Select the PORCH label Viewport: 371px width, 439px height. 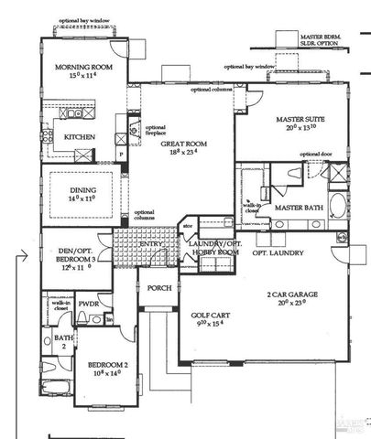(154, 288)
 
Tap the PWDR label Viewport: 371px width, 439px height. (89, 304)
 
